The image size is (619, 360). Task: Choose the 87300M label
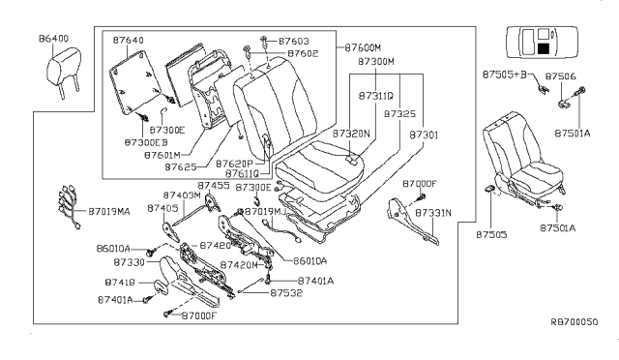point(375,61)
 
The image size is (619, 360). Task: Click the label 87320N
point(351,133)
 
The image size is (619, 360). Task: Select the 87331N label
point(432,211)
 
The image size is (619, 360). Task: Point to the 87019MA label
point(109,210)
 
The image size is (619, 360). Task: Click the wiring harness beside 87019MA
point(68,205)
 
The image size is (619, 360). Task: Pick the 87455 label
point(213,185)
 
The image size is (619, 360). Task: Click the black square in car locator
point(544,45)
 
